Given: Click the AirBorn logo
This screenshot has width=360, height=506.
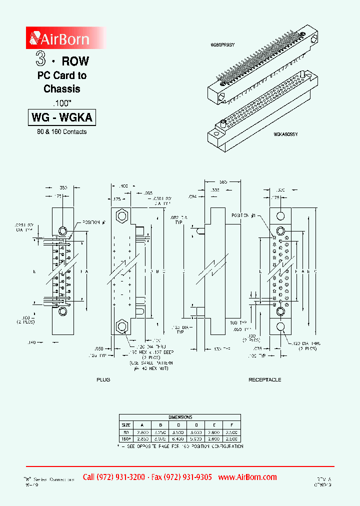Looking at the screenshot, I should point(59,38).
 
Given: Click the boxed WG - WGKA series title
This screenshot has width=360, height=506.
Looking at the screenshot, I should point(62,118).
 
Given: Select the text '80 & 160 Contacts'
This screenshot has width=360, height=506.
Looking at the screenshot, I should point(61,132).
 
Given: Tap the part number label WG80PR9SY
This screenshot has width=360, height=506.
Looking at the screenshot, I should point(222,45).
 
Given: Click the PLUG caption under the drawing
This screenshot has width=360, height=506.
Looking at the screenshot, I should point(103,379).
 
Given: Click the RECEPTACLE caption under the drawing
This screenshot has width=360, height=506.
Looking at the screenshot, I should point(264,379).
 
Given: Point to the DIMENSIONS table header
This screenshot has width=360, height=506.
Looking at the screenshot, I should point(180,416).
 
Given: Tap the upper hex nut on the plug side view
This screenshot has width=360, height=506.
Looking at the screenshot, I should point(121,216).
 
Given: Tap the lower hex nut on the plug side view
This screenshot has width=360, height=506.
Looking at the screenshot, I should point(121,327).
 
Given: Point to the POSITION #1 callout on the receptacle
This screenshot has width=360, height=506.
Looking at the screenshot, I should point(244,215).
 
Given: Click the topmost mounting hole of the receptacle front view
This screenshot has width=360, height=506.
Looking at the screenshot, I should point(280,215).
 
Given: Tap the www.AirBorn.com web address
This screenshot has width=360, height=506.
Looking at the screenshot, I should point(247,477).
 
